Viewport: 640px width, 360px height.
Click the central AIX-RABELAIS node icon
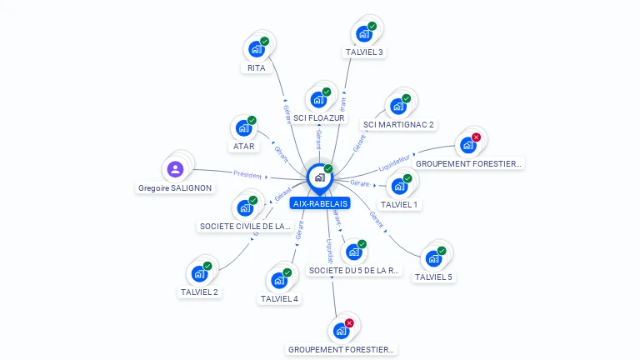(x=318, y=177)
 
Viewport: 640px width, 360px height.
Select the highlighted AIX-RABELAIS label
(x=321, y=203)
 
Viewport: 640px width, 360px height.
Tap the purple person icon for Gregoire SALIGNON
(x=175, y=170)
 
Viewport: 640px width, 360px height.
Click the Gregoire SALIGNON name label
(x=175, y=188)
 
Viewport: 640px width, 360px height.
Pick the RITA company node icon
(x=257, y=48)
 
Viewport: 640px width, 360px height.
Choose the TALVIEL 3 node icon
(x=363, y=33)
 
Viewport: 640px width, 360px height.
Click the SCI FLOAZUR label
(x=319, y=118)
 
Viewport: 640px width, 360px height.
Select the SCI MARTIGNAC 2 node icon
(x=398, y=106)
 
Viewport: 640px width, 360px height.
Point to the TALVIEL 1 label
(x=399, y=204)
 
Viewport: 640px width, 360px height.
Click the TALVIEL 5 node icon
(x=433, y=258)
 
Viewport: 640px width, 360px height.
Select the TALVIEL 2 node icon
(x=199, y=273)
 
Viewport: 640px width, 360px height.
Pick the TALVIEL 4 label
(x=279, y=298)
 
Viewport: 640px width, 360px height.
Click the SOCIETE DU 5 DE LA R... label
(x=354, y=270)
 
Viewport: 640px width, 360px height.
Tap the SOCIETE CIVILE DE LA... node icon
(x=245, y=207)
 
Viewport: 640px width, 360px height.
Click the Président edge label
(x=247, y=176)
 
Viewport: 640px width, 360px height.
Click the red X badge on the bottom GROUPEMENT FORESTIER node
(x=349, y=323)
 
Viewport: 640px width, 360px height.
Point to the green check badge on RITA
(x=264, y=41)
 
